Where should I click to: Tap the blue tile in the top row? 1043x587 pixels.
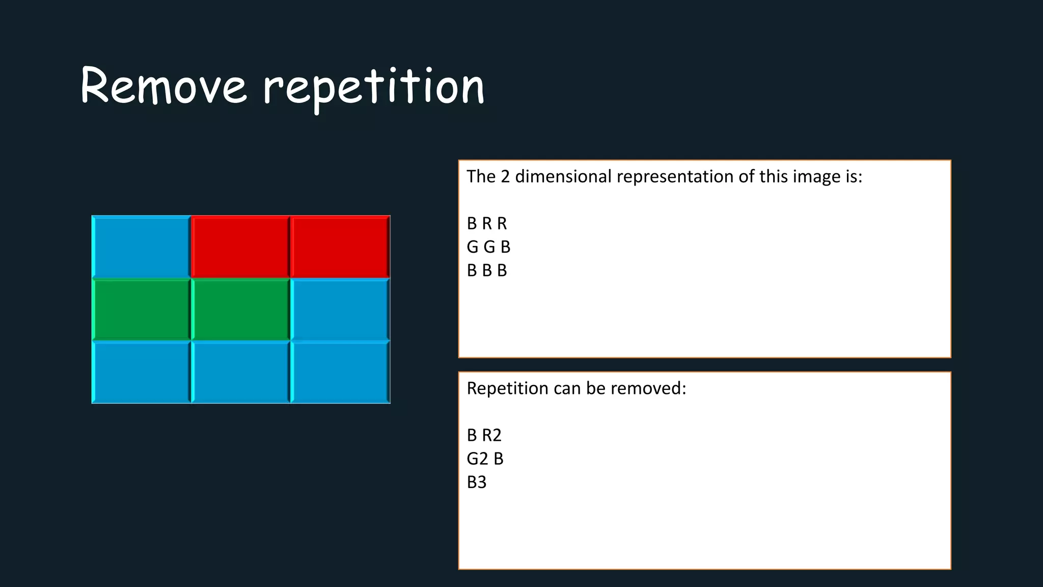(x=141, y=247)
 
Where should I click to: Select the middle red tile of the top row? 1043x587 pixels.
(x=240, y=247)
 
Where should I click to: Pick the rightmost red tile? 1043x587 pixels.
(x=340, y=247)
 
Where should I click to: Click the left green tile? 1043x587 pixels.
(x=141, y=309)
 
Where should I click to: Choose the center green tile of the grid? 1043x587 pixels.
(x=240, y=309)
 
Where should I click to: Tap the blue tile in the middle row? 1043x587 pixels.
(x=340, y=309)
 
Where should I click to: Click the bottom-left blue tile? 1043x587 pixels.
(x=141, y=372)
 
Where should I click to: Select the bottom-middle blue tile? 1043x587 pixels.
(x=240, y=372)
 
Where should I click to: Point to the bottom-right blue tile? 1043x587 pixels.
(x=340, y=372)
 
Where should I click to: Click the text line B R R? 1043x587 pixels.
(x=487, y=224)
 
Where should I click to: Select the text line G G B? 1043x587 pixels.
(x=488, y=247)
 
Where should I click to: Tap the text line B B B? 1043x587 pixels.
(x=487, y=271)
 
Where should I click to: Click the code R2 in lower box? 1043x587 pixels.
(x=491, y=435)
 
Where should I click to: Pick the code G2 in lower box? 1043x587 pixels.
(x=477, y=459)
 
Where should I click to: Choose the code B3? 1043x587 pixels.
(x=477, y=482)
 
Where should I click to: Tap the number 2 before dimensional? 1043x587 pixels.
(x=505, y=176)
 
